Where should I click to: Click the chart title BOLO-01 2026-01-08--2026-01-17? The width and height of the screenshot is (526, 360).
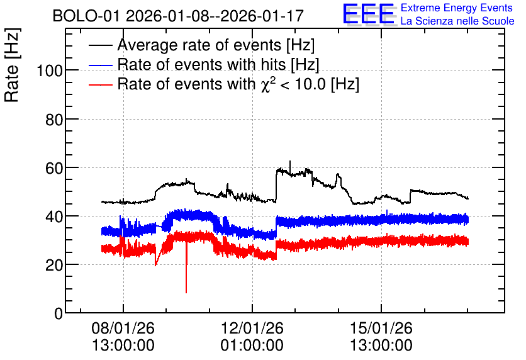pos(178,16)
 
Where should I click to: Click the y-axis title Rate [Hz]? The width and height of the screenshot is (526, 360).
pos(12,65)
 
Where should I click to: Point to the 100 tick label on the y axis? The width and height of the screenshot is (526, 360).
pos(50,70)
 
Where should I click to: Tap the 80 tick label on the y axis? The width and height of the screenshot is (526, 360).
pos(54,120)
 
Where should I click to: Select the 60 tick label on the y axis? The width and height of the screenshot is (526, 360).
pos(54,168)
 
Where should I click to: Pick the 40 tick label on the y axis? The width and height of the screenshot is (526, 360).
pos(54,217)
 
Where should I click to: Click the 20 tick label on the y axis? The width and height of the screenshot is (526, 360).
pos(54,266)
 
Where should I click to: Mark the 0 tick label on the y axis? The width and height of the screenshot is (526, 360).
pos(59,313)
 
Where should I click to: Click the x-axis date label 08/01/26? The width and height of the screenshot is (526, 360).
pos(123,328)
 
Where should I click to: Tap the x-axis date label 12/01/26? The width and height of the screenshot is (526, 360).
pos(252,328)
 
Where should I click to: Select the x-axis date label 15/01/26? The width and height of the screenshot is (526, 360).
pos(381,328)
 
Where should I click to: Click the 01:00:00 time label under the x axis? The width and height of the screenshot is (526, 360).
pos(252,345)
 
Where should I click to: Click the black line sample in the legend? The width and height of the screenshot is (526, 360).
pos(101,45)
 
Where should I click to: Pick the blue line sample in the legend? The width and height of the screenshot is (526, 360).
pos(101,65)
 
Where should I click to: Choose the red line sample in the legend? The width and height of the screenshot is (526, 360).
pos(101,84)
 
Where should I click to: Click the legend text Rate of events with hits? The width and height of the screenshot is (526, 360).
pos(202,64)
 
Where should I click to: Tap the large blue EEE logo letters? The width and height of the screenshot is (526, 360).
pos(369,14)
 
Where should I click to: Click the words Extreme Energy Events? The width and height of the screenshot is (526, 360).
pos(457,8)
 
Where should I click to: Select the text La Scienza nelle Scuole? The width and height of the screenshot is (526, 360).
pos(457,21)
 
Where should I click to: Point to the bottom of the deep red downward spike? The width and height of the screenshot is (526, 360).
pos(186,293)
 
